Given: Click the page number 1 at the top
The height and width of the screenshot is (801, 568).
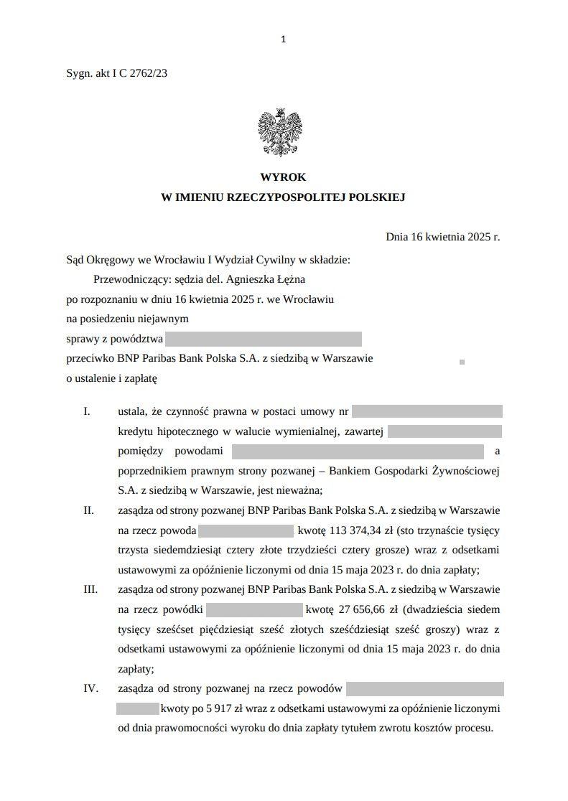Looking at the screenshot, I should [284, 39].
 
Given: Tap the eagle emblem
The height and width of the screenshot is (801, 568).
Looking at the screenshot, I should [279, 132].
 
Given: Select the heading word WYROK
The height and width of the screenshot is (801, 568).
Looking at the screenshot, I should [283, 177].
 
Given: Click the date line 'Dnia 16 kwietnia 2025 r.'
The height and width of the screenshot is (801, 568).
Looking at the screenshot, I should [442, 236].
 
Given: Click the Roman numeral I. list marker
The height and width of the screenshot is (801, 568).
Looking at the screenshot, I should [88, 412].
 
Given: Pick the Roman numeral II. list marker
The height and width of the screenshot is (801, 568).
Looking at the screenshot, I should [89, 511].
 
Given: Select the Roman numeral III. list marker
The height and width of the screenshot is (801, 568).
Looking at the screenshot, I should [90, 590].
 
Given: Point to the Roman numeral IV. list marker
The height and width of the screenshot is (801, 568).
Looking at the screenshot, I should [90, 689].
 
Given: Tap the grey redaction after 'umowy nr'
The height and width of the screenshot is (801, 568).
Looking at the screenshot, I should [427, 412].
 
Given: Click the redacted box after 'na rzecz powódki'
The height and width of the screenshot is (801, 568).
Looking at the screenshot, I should [254, 610].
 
